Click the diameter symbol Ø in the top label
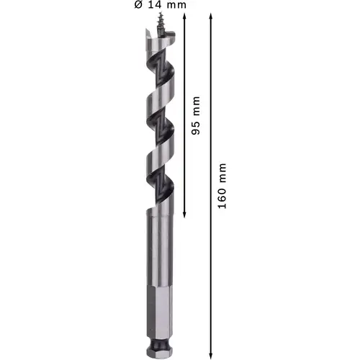pyautogui.click(x=138, y=5)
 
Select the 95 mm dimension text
pyautogui.click(x=196, y=115)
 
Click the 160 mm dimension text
pyautogui.click(x=222, y=186)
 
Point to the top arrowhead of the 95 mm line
pyautogui.click(x=184, y=17)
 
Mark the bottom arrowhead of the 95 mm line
pyautogui.click(x=184, y=215)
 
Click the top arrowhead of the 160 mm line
pyautogui.click(x=211, y=17)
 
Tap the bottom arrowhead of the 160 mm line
pyautogui.click(x=211, y=356)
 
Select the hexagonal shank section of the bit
pyautogui.click(x=160, y=311)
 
